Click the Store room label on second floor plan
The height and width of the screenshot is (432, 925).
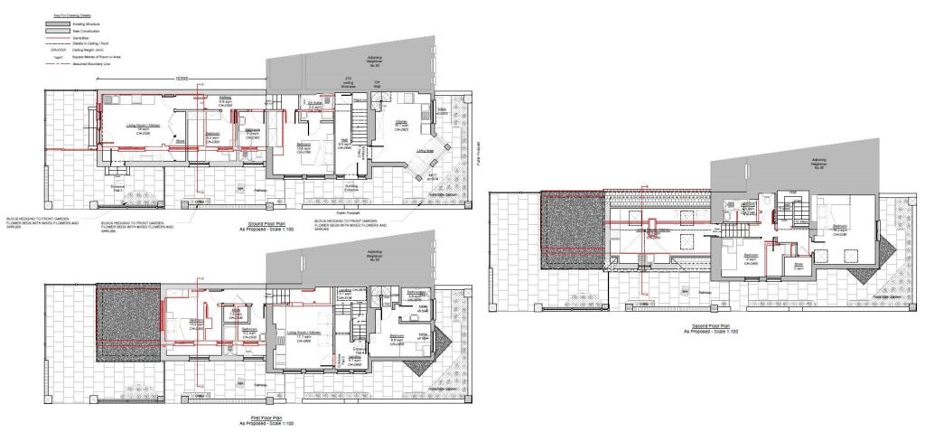[798, 268]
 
